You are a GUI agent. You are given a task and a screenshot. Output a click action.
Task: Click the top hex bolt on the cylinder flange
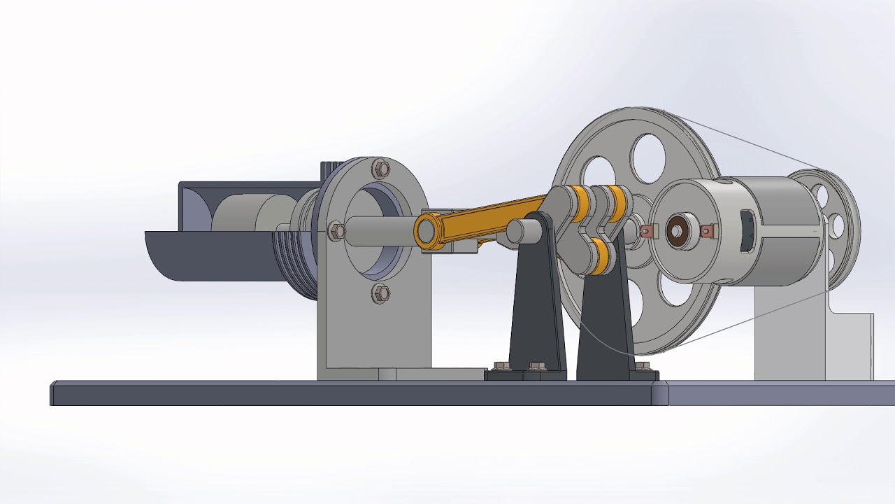pos(381,168)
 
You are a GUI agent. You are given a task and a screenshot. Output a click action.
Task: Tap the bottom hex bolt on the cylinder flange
pos(380,293)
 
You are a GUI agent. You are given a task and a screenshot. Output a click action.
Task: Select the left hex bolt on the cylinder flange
pos(336,230)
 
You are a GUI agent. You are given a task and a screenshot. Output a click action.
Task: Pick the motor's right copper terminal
pos(709,230)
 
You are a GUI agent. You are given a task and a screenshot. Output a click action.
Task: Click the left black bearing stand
pos(535,308)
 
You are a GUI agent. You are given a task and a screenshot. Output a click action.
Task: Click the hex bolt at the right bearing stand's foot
pos(643,366)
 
